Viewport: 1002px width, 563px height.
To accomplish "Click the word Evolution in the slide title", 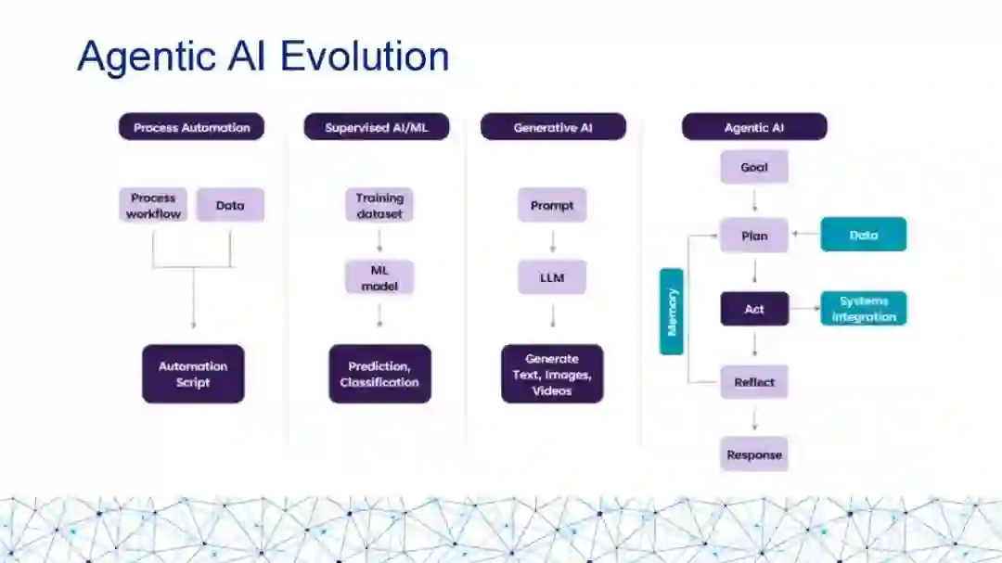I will tap(365, 56).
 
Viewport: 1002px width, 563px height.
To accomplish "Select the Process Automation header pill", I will tap(191, 127).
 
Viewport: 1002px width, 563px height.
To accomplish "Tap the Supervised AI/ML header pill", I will tap(376, 127).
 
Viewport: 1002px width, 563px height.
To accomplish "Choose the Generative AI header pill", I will tap(553, 127).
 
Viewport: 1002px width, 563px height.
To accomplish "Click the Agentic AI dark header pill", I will tap(753, 127).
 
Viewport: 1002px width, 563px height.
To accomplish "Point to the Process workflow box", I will tap(153, 205).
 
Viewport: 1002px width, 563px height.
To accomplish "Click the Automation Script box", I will tap(193, 374).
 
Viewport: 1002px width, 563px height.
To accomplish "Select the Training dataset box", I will tap(379, 205).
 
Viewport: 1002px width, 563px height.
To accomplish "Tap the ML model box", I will tap(379, 277).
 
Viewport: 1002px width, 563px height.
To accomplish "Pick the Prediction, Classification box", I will tap(379, 374).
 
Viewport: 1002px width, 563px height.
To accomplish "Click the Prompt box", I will tap(552, 205).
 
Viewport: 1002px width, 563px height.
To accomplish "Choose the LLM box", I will tap(552, 277).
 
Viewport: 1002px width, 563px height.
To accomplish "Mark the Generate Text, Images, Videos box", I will tap(552, 374).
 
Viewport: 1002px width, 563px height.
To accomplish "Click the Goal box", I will tap(754, 168).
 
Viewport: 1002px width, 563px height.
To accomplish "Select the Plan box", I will tap(754, 236).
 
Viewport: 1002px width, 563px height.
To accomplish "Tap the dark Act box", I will tap(754, 309).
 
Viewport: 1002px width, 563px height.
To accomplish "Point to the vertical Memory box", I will tap(672, 312).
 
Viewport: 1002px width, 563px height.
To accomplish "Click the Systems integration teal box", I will tap(864, 309).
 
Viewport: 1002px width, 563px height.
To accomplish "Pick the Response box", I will tap(754, 454).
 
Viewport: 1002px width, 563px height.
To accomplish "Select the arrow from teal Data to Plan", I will tap(804, 236).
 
